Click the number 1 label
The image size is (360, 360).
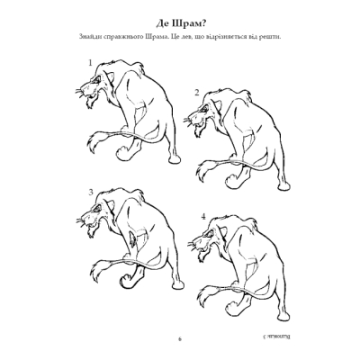(91, 61)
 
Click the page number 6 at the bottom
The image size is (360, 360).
(179, 338)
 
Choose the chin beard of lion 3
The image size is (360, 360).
(96, 241)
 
